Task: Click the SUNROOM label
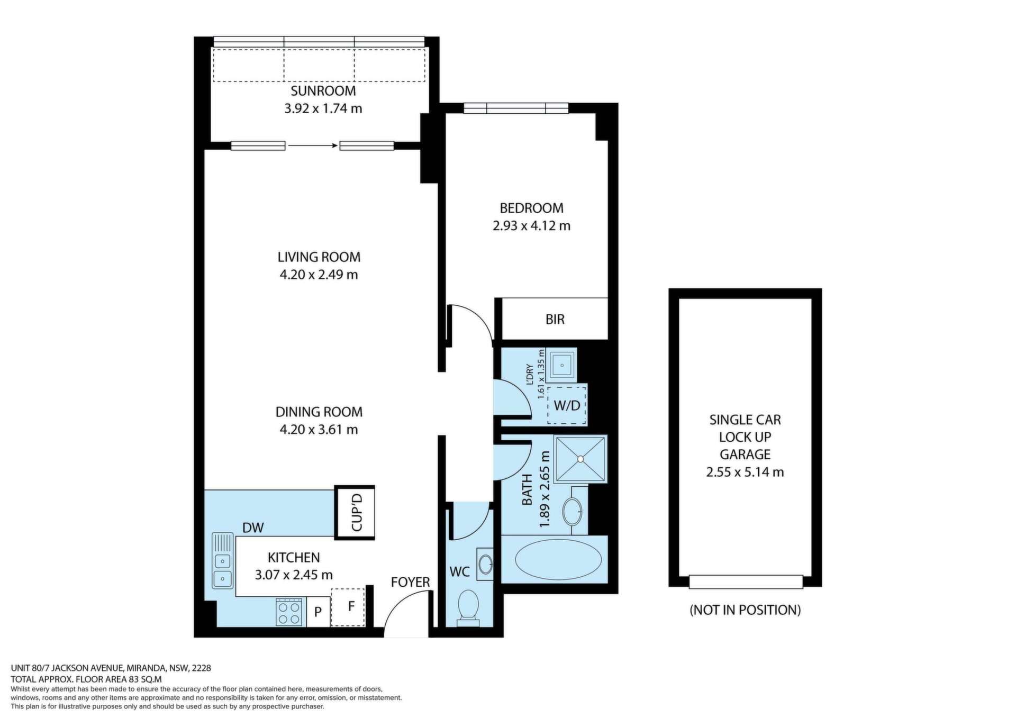coord(323,90)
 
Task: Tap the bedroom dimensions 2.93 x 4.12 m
coord(531,226)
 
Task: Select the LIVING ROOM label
coord(319,257)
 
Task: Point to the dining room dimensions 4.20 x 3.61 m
coord(319,429)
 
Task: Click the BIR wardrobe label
coord(555,319)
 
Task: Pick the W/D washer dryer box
coord(567,405)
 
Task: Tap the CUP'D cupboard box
coord(355,512)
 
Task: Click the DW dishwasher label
coord(253,528)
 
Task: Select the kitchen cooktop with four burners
coord(289,612)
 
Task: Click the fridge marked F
coord(348,607)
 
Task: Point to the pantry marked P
coord(318,612)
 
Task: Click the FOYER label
coord(410,582)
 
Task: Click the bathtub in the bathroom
coord(558,560)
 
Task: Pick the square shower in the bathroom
coord(580,459)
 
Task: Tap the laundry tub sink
coord(562,364)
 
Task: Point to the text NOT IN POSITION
coord(745,610)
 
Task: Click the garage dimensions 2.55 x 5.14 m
coord(745,472)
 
